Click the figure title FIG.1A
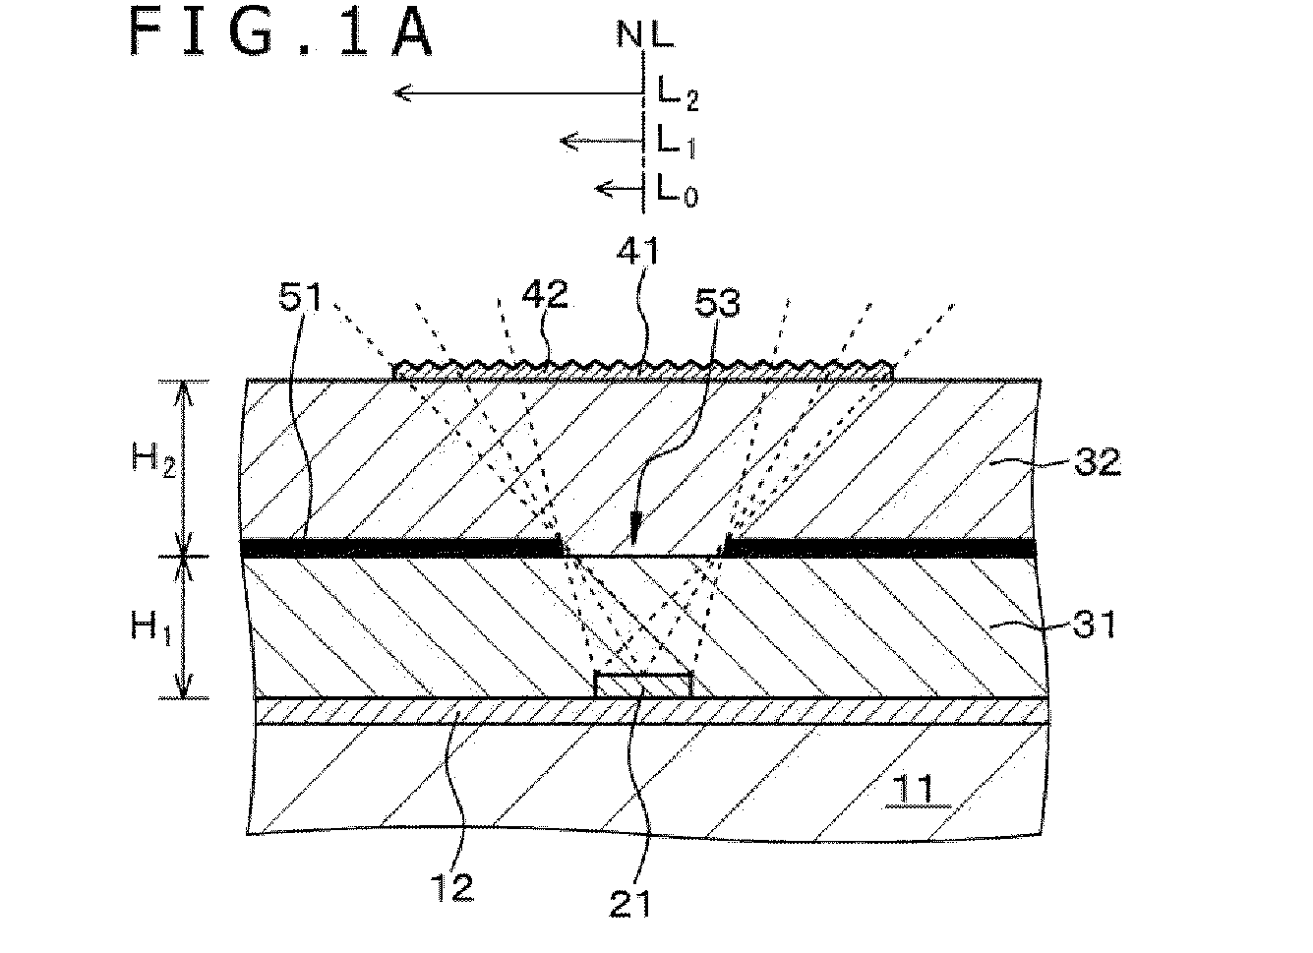point(280,33)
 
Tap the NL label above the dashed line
point(645,34)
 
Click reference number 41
point(638,252)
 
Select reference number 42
point(545,294)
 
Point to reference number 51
point(300,297)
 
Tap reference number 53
point(717,303)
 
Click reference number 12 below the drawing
point(451,887)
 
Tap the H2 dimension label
point(153,460)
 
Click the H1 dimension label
point(151,626)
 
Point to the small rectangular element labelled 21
point(643,685)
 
